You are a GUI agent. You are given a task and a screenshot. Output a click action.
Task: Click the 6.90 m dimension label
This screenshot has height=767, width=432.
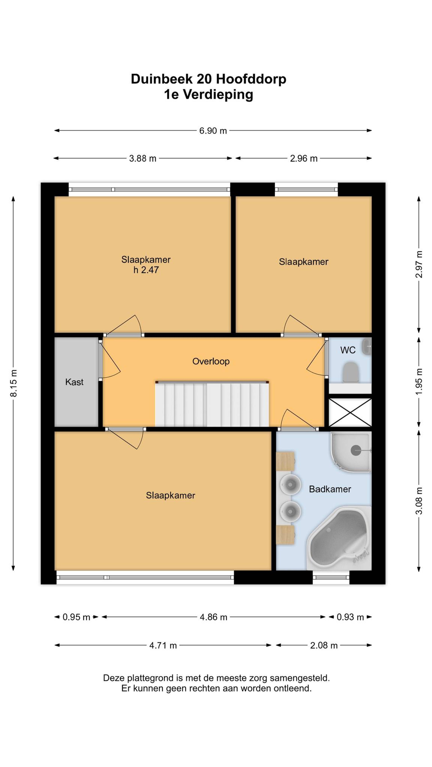pos(213,131)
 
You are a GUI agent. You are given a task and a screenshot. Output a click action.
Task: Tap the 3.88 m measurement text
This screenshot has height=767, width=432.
pos(143,158)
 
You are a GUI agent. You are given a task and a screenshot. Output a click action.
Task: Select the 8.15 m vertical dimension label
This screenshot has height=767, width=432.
pos(14,383)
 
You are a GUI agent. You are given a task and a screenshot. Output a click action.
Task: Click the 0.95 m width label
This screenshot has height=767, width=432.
pos(76,617)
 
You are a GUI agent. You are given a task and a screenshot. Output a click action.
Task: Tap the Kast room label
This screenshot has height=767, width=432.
pos(74,382)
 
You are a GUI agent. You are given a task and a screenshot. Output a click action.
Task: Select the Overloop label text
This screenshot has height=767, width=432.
pos(211,361)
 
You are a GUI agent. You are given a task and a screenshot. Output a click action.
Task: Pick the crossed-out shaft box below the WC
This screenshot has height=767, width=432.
pos(350,413)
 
